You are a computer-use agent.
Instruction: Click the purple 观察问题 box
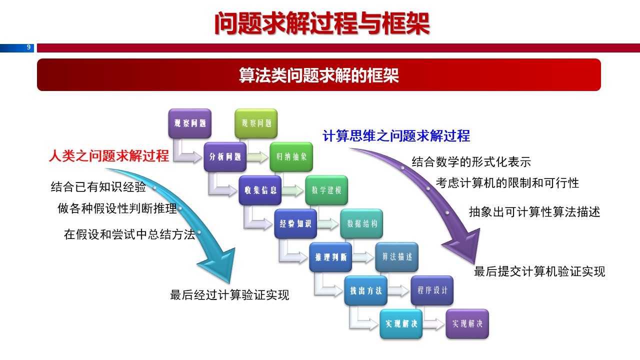point(189,123)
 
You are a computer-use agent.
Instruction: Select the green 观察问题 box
point(256,123)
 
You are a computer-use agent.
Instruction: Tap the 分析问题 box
point(225,157)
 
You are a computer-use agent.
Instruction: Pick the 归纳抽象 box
point(291,157)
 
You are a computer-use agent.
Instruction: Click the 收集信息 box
point(260,190)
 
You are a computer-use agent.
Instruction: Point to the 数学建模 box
point(326,190)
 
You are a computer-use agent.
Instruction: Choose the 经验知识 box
point(295,223)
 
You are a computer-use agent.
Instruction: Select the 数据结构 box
point(361,223)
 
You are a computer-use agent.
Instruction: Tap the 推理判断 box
point(330,257)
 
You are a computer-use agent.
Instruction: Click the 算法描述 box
point(397,257)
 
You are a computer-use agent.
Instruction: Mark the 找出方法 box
point(365,290)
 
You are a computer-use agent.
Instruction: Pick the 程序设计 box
point(432,290)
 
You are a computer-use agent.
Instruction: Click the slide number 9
point(28,48)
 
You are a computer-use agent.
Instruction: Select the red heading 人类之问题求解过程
point(109,156)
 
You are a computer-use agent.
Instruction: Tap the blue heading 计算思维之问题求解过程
point(396,136)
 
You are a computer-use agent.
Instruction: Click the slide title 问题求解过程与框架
point(321,23)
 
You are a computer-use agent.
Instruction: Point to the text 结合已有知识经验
point(98,187)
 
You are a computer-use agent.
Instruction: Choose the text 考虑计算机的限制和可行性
point(507,183)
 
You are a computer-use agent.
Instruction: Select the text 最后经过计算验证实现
point(229,295)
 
